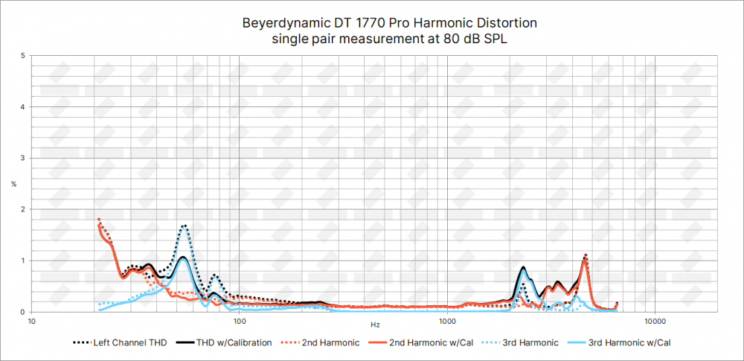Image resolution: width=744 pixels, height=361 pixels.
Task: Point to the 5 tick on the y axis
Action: (24, 56)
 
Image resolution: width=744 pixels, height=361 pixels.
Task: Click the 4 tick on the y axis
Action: (24, 107)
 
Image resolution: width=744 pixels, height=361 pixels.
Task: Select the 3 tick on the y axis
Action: (24, 159)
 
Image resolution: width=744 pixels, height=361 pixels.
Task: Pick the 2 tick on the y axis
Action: (24, 209)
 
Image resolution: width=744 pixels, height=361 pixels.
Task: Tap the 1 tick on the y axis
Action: (24, 261)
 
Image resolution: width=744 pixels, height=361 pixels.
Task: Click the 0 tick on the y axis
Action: (24, 312)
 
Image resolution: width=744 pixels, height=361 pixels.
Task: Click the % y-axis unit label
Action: (13, 184)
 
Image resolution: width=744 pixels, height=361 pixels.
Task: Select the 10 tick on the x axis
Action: (32, 322)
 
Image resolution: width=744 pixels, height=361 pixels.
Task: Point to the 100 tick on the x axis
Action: (240, 322)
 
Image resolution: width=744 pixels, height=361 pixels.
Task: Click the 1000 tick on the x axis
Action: (447, 322)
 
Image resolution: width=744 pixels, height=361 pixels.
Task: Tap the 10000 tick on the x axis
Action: (655, 322)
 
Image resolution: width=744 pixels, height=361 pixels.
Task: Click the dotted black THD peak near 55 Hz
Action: (184, 226)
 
